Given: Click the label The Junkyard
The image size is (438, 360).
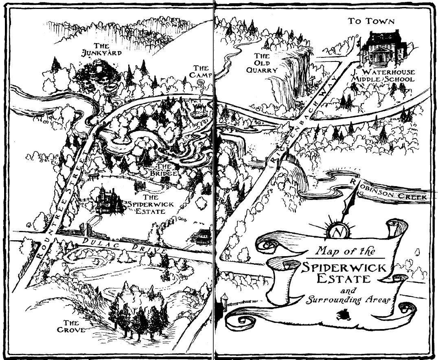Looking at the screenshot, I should click(101, 49).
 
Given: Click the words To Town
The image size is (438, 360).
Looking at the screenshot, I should click(372, 22).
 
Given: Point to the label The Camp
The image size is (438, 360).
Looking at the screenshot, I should click(201, 72).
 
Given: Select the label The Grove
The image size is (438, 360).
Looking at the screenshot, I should click(71, 326).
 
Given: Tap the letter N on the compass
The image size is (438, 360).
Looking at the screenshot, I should click(337, 233).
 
